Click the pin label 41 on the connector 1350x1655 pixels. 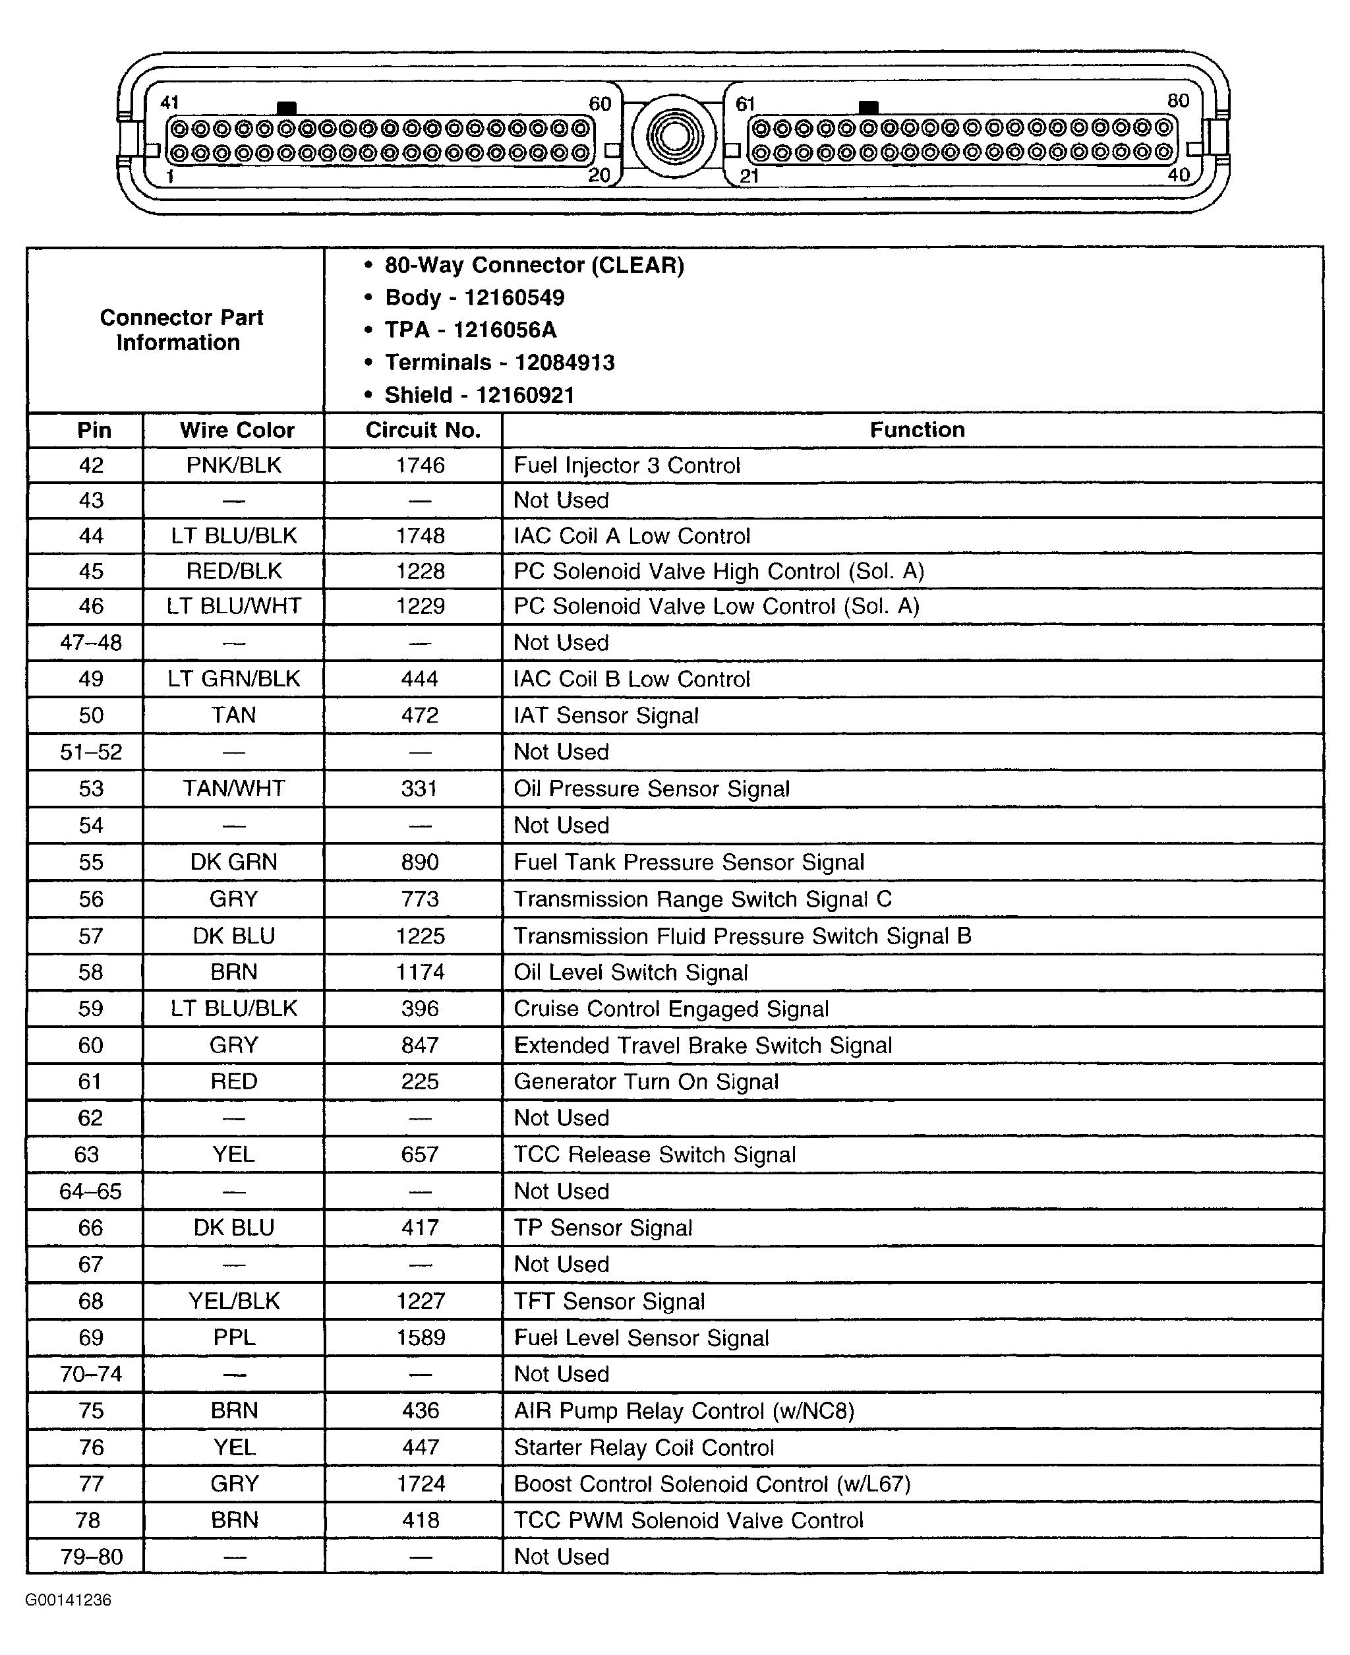tap(169, 103)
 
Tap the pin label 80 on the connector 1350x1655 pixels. tap(1178, 100)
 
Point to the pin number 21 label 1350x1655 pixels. tap(749, 176)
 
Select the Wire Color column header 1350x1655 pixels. tap(237, 430)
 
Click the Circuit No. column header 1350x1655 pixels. tap(423, 430)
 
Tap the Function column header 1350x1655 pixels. tap(917, 430)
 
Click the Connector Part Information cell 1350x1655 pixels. tap(181, 330)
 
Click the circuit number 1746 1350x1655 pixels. tap(420, 465)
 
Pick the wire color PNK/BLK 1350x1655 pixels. tap(233, 465)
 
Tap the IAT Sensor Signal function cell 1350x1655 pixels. tap(606, 715)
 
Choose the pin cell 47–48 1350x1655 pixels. tap(91, 643)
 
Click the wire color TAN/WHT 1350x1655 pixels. tap(233, 789)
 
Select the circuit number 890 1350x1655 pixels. tap(420, 862)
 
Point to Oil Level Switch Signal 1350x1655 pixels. tap(631, 972)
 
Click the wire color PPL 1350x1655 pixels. tap(233, 1338)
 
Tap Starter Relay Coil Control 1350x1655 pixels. tap(644, 1447)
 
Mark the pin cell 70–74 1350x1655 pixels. tap(91, 1374)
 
